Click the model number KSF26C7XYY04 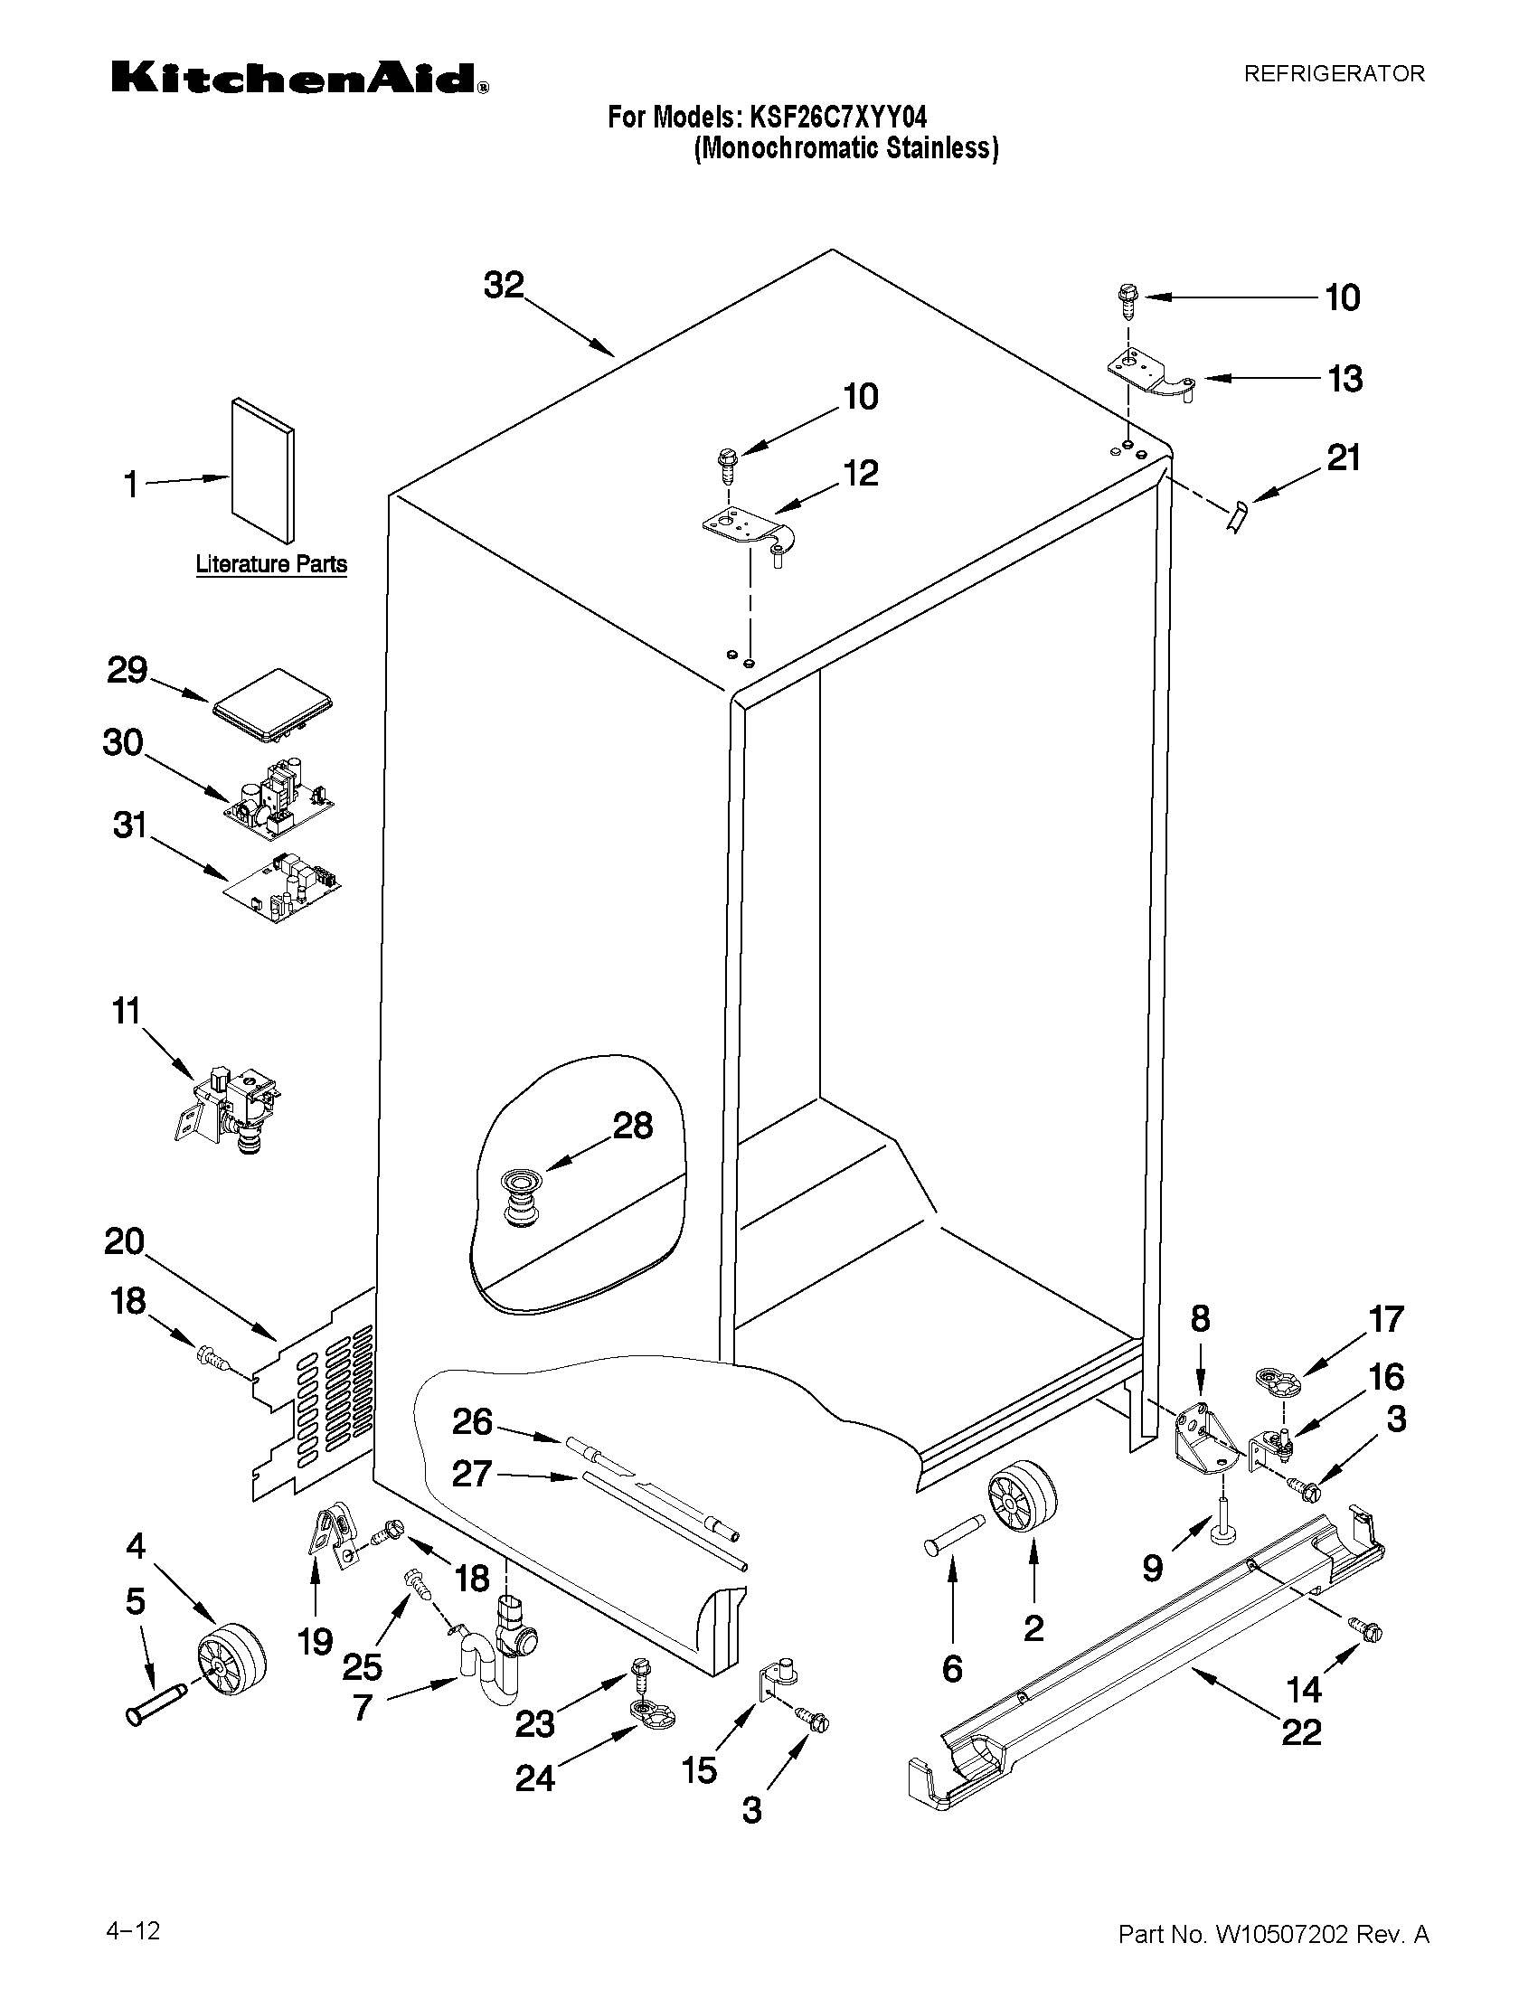[x=837, y=118]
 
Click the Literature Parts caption [x=271, y=564]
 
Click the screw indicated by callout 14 [x=1366, y=1630]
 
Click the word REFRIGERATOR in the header [x=1334, y=74]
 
